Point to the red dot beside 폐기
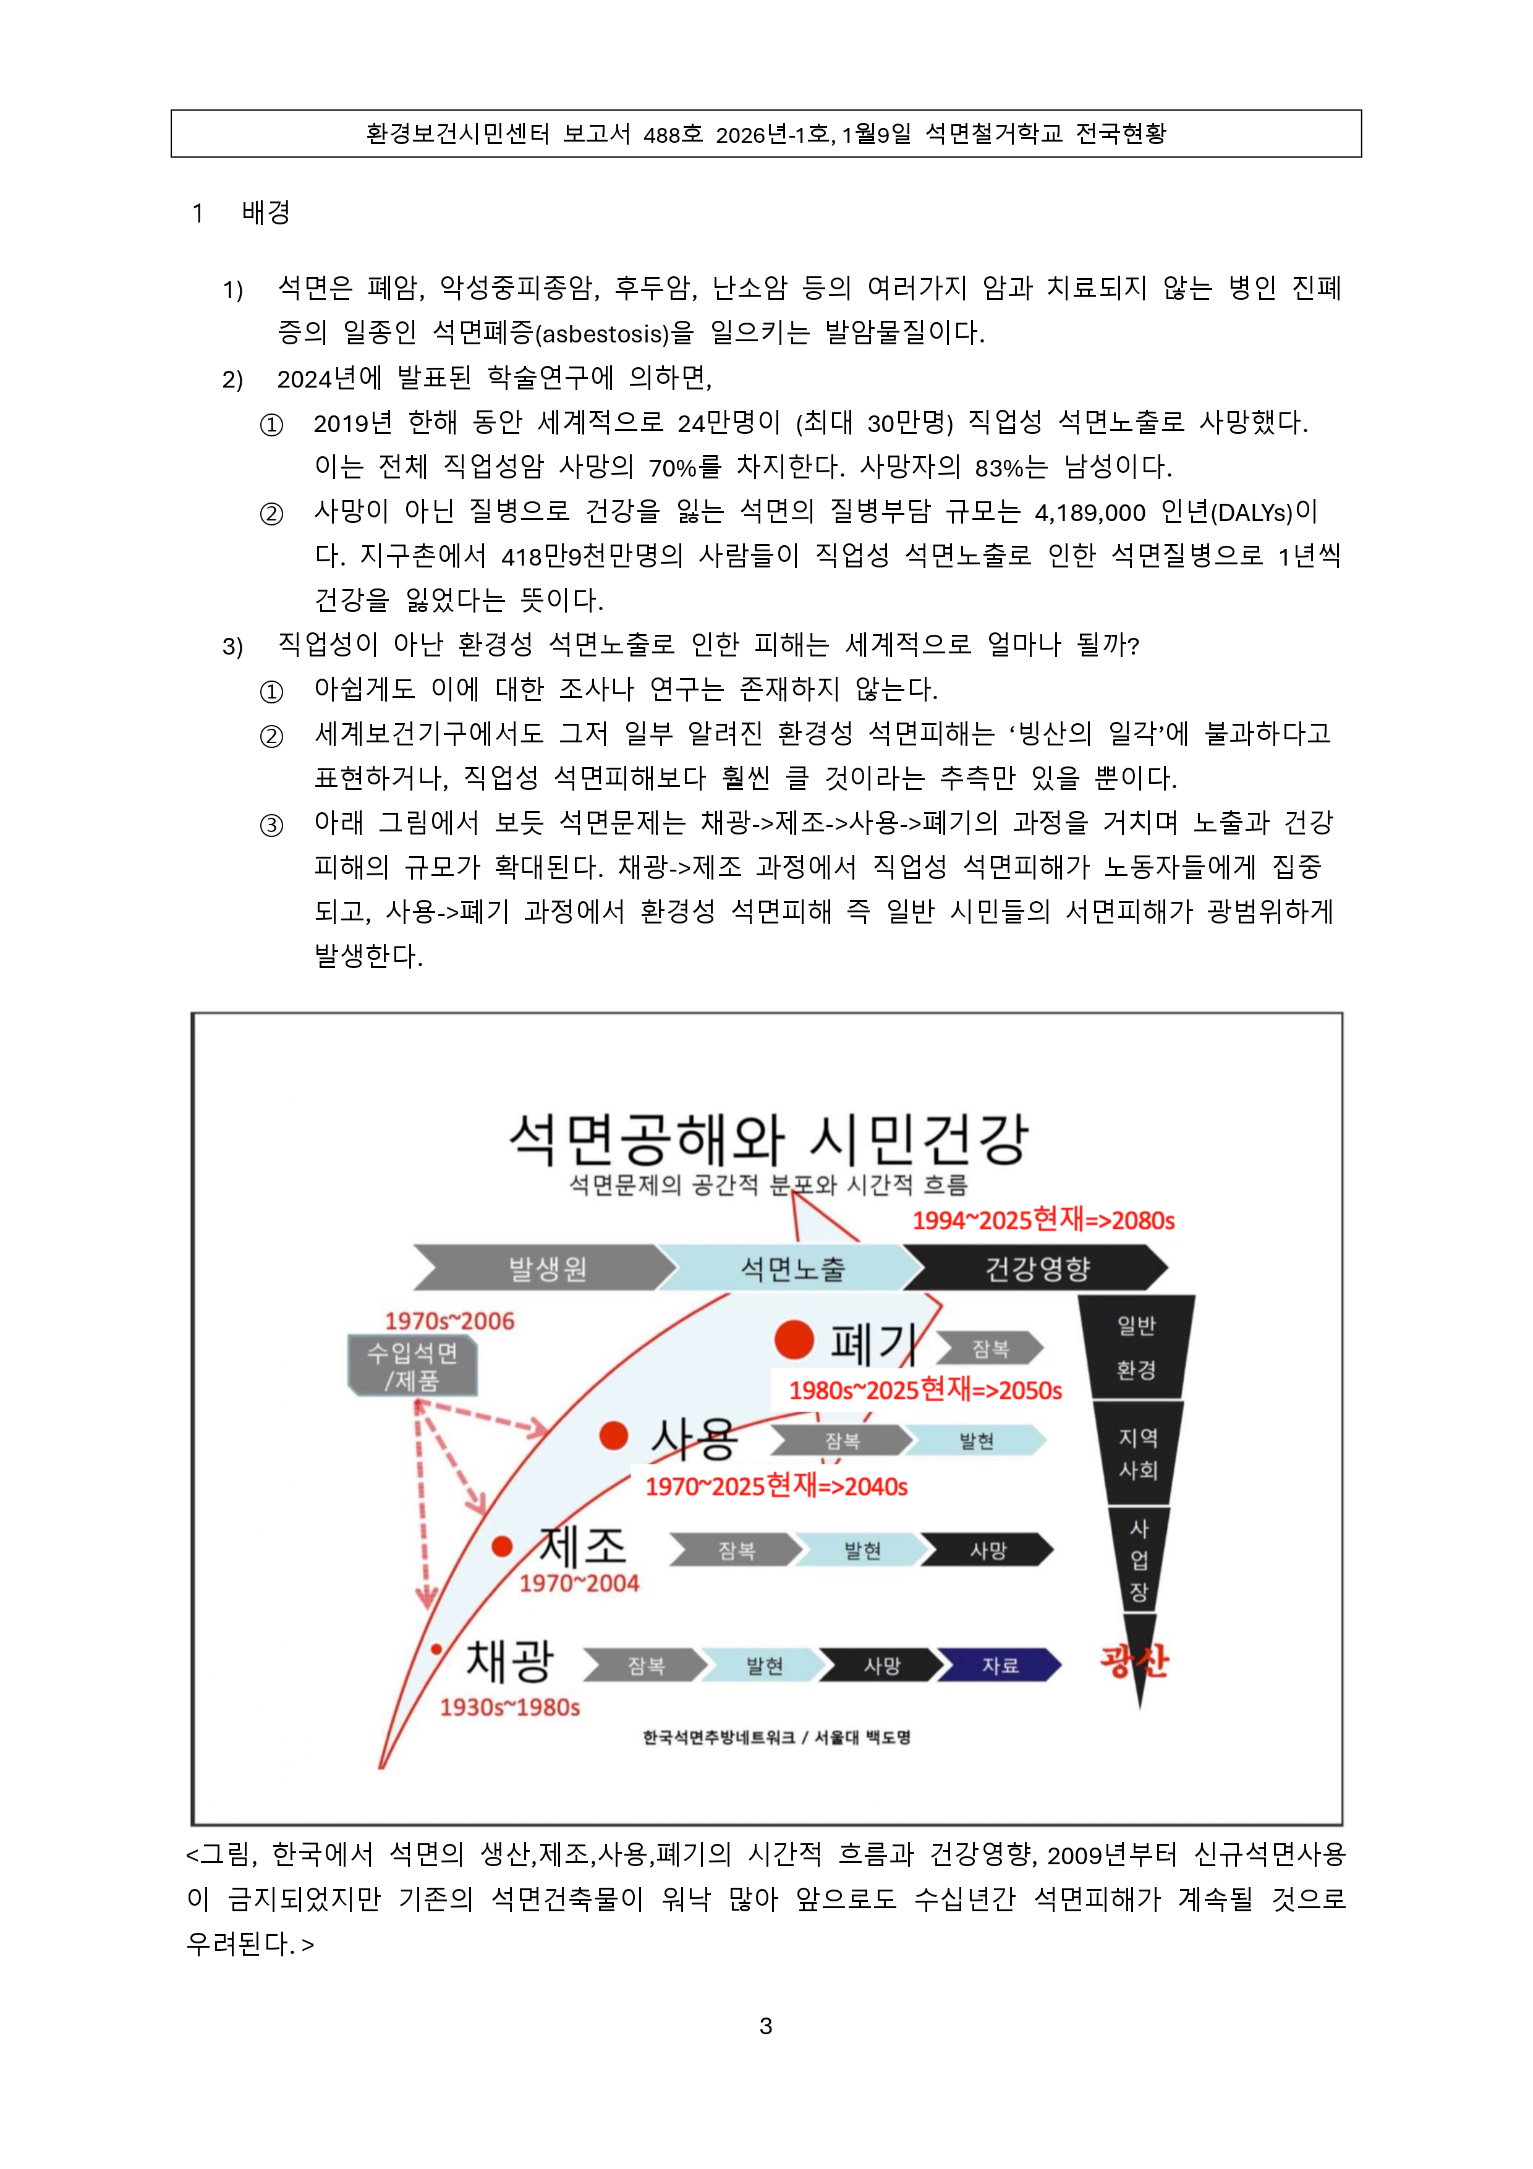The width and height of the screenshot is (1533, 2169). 794,1339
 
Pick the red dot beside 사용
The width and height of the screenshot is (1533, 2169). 614,1436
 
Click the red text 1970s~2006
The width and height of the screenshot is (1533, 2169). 449,1321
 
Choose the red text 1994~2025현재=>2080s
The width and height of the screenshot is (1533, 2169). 1043,1220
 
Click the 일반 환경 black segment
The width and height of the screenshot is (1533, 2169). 1136,1347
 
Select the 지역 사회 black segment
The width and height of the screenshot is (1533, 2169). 1137,1453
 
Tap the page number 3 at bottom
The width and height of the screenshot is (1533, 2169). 766,2026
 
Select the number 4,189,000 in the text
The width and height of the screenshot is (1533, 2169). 1089,513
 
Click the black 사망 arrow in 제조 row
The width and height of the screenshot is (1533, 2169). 987,1550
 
